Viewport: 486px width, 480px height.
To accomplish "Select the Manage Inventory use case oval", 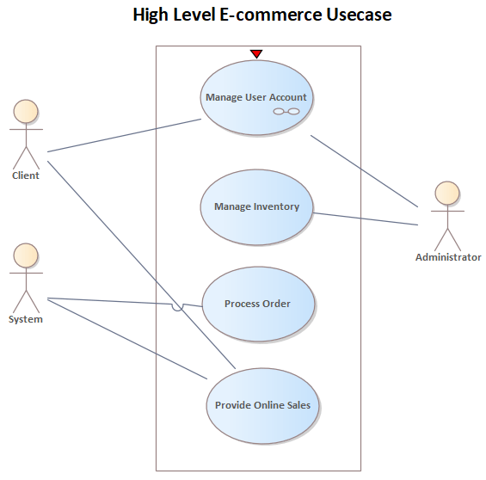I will coord(256,206).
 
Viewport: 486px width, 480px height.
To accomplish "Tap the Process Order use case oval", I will coord(257,304).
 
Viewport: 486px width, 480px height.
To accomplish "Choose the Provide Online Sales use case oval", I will coord(263,405).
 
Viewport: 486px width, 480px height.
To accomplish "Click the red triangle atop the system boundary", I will coord(255,54).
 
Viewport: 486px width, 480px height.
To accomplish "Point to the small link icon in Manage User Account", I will coord(286,113).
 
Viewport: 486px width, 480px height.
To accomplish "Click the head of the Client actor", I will coord(26,111).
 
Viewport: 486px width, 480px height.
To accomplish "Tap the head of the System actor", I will coord(26,255).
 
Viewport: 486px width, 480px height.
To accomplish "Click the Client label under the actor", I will coord(26,175).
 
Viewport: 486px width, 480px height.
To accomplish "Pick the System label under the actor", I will coord(26,319).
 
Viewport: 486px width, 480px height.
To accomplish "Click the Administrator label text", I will coord(447,257).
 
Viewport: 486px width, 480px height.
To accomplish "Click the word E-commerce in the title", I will coord(254,15).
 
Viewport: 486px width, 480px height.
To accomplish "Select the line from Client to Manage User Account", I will coord(125,136).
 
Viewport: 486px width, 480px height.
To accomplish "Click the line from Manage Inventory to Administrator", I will coord(366,218).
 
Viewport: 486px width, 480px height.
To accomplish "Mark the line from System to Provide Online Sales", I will coord(129,339).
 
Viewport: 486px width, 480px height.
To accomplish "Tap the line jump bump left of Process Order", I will coord(177,307).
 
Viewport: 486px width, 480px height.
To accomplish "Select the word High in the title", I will coord(151,15).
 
